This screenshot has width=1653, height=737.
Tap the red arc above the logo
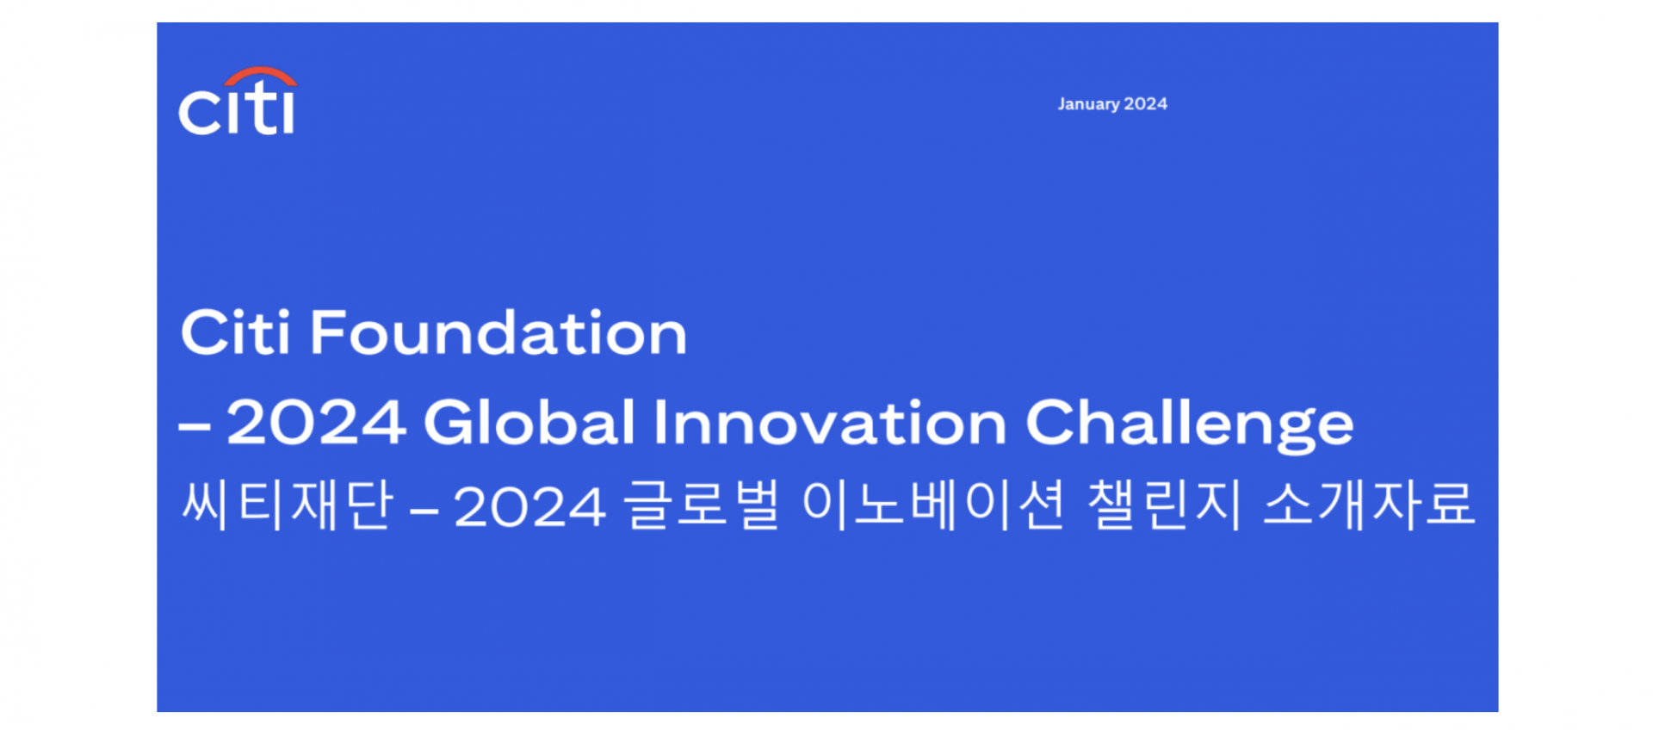point(261,75)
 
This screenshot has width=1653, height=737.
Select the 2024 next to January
point(1146,104)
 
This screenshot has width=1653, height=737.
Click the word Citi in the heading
point(235,332)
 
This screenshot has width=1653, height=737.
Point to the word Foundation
point(498,333)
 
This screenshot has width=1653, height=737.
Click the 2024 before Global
point(316,423)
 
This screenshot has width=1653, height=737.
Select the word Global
point(529,423)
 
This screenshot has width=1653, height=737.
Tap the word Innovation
point(829,423)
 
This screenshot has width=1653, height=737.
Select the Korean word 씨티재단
point(288,505)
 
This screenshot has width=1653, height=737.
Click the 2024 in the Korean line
point(529,507)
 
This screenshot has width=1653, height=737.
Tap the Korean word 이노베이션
point(933,505)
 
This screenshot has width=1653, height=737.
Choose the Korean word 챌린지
point(1165,505)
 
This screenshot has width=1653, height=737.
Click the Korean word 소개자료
point(1369,505)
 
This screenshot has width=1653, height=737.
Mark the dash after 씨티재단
point(424,511)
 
